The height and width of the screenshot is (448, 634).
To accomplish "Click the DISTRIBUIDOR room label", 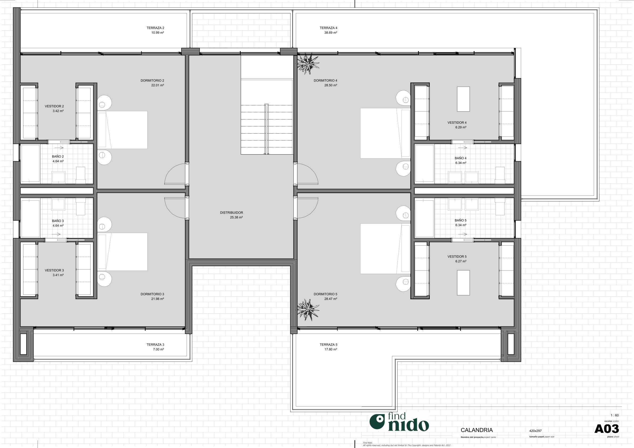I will point(231,213).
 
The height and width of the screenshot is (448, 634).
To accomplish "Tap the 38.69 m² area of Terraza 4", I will point(330,32).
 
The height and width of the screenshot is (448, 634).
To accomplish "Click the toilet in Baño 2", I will point(81,175).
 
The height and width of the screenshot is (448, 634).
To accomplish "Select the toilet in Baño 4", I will point(500,175).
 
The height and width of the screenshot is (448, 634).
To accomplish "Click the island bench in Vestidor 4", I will point(463,99).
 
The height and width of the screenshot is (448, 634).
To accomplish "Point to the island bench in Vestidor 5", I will point(463,283).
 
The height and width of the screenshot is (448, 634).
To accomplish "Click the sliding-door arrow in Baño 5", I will point(463,234).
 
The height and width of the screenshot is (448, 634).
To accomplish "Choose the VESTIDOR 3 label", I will point(54,270).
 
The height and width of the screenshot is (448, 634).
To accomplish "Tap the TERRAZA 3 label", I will point(155,345).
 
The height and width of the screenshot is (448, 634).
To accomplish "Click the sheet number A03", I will point(606,429).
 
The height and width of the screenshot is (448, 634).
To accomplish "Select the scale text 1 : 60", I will point(614,415).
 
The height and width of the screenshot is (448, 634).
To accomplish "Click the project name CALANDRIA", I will point(477,430).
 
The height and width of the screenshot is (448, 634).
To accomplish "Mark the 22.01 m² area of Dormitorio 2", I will point(157,85).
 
